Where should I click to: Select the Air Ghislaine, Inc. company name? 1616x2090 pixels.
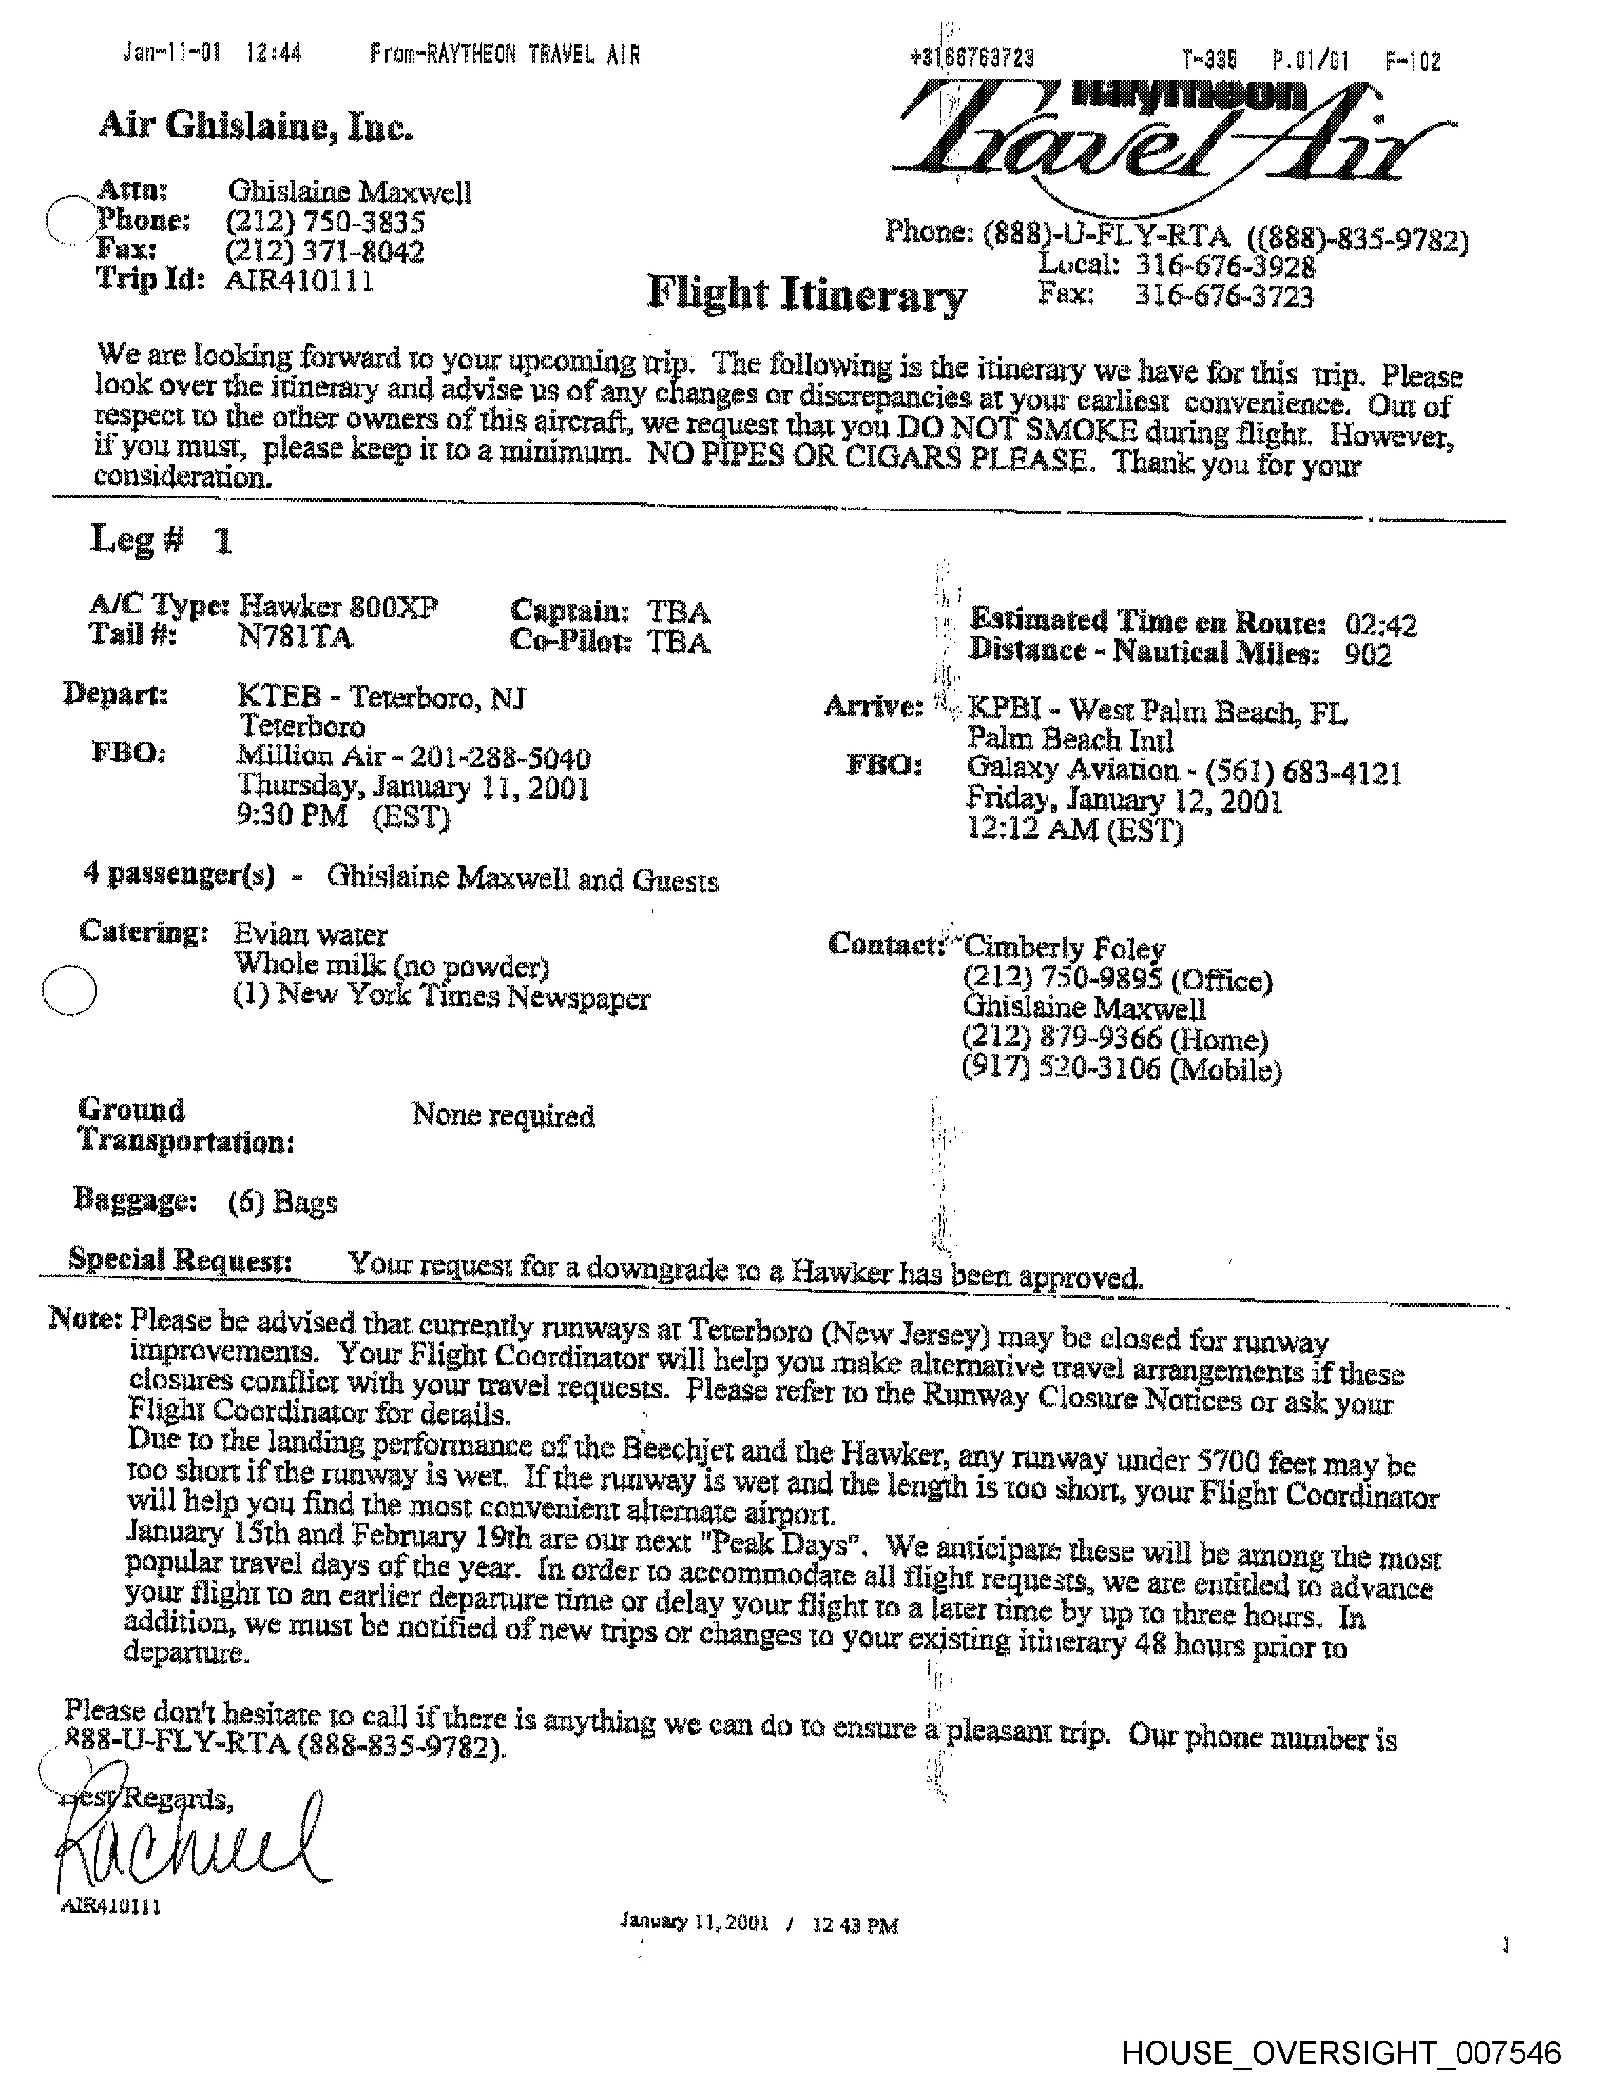pos(255,125)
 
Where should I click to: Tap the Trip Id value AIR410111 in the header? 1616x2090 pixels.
pos(298,281)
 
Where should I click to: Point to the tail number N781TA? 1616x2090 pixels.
pos(295,637)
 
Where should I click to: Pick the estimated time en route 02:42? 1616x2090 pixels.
pos(1380,625)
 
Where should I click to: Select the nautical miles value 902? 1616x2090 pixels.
pos(1367,655)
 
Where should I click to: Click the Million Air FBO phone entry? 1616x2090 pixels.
pos(414,758)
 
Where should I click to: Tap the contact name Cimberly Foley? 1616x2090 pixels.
pos(1063,947)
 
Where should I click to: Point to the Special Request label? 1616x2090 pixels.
pos(180,1259)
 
